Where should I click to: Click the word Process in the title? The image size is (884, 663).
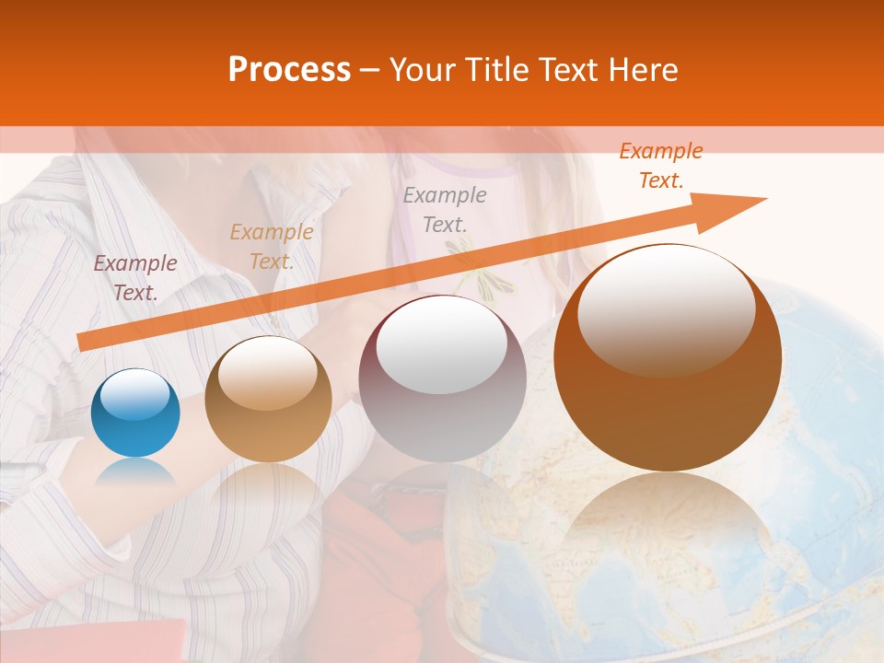[289, 70]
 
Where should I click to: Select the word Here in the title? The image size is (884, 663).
[642, 70]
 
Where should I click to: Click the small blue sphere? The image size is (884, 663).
[135, 413]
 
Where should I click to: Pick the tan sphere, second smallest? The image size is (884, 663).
[268, 400]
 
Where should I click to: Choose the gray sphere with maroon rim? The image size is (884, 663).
[442, 379]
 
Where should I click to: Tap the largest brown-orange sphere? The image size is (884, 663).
[668, 357]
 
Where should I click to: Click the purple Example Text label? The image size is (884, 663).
[135, 278]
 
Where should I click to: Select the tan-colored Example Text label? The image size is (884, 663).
[271, 247]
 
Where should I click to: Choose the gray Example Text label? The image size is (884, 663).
[445, 209]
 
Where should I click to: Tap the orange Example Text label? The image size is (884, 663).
[660, 166]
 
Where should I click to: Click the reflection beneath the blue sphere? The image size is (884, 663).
[135, 473]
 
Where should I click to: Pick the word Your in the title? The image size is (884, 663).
[422, 70]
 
